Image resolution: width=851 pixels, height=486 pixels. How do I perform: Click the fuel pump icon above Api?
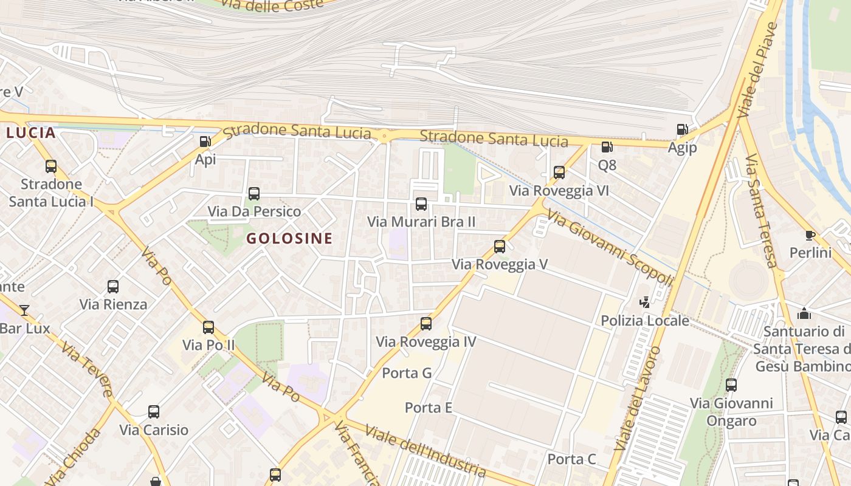[x=205, y=142]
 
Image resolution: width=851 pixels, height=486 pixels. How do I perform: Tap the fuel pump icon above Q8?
[x=607, y=147]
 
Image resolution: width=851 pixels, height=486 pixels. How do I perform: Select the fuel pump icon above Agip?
[x=682, y=129]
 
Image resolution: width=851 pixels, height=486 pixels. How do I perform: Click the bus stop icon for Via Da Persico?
[x=254, y=194]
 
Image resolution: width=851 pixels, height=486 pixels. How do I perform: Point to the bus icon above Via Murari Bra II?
[x=421, y=204]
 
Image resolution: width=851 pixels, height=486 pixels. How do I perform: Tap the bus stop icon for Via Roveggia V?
[x=500, y=247]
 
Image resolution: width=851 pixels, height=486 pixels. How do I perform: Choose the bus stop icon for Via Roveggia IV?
[x=426, y=324]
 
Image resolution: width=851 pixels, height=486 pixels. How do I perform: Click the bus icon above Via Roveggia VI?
[x=559, y=173]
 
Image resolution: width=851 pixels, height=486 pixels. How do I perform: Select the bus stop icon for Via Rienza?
[x=113, y=287]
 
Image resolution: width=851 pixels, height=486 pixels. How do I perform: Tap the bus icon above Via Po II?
[x=208, y=327]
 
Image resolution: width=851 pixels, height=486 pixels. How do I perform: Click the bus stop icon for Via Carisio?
[x=154, y=412]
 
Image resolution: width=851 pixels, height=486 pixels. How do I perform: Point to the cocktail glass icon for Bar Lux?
[x=24, y=310]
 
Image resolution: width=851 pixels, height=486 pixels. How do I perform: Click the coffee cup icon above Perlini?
[x=810, y=235]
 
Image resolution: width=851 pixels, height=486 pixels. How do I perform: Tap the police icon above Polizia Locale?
[x=644, y=302]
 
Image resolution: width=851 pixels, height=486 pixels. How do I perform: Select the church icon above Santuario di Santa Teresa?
[x=804, y=313]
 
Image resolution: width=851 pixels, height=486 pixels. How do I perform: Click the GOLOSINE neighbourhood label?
[x=289, y=238]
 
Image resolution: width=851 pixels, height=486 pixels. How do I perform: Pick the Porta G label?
[x=407, y=373]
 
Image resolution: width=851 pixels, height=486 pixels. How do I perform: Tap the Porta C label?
[x=572, y=459]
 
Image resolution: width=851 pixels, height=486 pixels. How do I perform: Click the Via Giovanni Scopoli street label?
[x=610, y=247]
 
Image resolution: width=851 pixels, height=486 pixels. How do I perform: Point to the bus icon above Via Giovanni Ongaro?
[x=731, y=385]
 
